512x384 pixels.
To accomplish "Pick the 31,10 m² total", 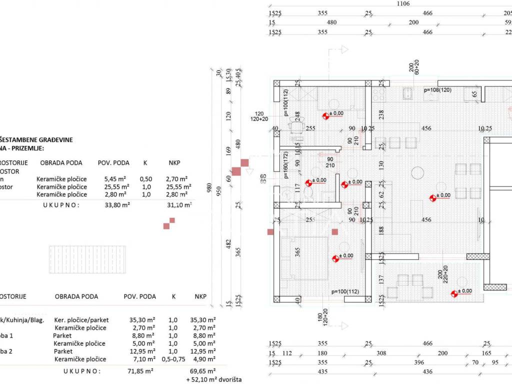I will (x=180, y=204).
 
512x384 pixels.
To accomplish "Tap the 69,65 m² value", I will (x=204, y=371).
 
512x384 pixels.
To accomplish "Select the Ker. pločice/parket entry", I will (x=81, y=320).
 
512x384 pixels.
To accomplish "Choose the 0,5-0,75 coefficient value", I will (x=174, y=359).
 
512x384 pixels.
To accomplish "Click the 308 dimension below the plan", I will (x=382, y=353).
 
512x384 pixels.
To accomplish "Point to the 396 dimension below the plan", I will (x=419, y=362).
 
